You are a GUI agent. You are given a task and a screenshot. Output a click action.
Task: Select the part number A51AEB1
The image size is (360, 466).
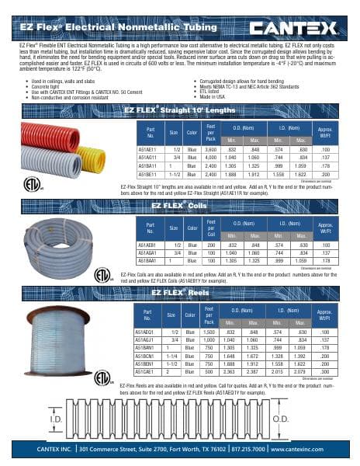coord(148,242)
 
